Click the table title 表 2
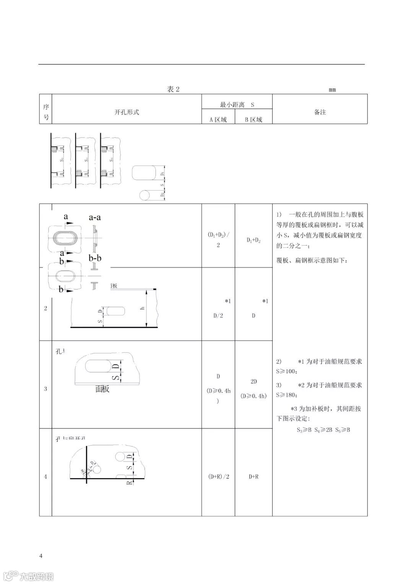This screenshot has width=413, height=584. click(173, 89)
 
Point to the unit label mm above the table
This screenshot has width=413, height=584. click(332, 89)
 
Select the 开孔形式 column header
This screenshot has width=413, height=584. click(127, 112)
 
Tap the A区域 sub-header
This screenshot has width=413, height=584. click(218, 119)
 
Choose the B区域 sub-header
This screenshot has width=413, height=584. click(254, 119)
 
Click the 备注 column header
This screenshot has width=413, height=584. click(320, 112)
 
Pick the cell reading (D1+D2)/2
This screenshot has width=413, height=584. click(218, 239)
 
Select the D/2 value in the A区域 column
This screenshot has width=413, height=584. click(218, 316)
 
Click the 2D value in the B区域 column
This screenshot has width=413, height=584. click(254, 382)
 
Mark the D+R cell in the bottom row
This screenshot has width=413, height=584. click(254, 477)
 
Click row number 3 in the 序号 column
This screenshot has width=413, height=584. click(46, 389)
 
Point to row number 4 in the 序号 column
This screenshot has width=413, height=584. click(46, 477)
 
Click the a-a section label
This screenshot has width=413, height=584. click(94, 217)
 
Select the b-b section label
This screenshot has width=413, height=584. click(95, 258)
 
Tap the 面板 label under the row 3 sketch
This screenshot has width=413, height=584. click(102, 389)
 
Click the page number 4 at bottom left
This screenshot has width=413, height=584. click(41, 555)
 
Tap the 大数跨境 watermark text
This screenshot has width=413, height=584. click(37, 576)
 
